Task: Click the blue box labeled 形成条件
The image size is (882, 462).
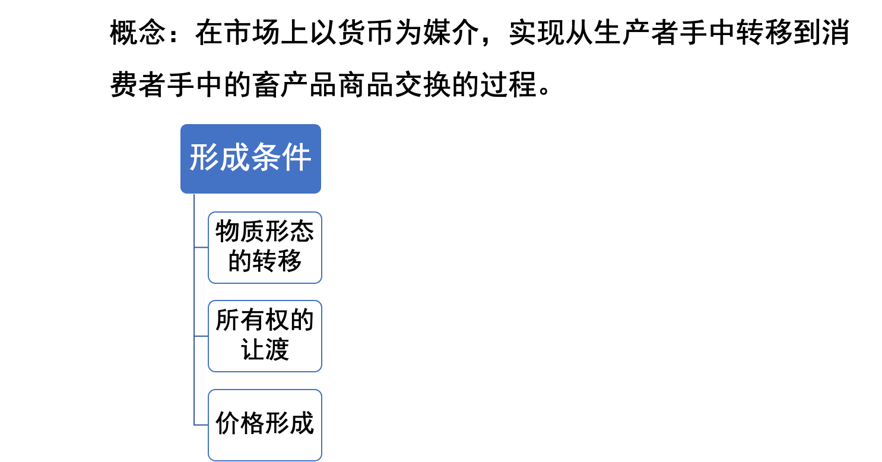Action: [x=250, y=159]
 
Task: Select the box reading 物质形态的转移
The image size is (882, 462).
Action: [x=265, y=247]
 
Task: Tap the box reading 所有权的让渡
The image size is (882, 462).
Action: [x=265, y=336]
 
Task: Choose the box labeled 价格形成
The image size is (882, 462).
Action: [x=265, y=425]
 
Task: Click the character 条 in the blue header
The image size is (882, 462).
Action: [x=266, y=159]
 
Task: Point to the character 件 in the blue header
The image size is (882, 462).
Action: [x=297, y=159]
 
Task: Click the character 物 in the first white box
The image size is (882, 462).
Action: [x=227, y=232]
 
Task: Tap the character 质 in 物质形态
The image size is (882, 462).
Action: [x=252, y=232]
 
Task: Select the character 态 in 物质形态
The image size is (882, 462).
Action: [x=302, y=232]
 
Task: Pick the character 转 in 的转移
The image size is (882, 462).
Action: [x=265, y=261]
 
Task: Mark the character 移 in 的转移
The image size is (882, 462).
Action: [x=290, y=261]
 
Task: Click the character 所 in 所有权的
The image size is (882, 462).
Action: [x=227, y=321]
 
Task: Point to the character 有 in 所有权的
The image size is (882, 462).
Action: [x=252, y=321]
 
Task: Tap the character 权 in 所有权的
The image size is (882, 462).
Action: [x=277, y=321]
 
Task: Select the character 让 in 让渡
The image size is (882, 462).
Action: [x=252, y=350]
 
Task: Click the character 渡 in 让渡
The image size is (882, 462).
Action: [x=277, y=350]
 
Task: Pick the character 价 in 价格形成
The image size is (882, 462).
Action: [x=227, y=425]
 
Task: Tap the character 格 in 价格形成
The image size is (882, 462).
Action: [x=252, y=425]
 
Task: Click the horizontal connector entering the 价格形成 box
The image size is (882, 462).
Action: [x=201, y=425]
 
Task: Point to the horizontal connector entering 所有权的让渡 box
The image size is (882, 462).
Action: [x=201, y=336]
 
